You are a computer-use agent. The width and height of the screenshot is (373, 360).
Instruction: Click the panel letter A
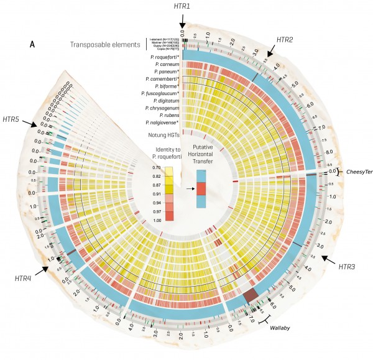click(32, 45)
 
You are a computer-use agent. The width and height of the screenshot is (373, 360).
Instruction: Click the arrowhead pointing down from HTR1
click(183, 25)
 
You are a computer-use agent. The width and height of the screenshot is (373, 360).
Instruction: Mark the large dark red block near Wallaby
click(251, 295)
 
